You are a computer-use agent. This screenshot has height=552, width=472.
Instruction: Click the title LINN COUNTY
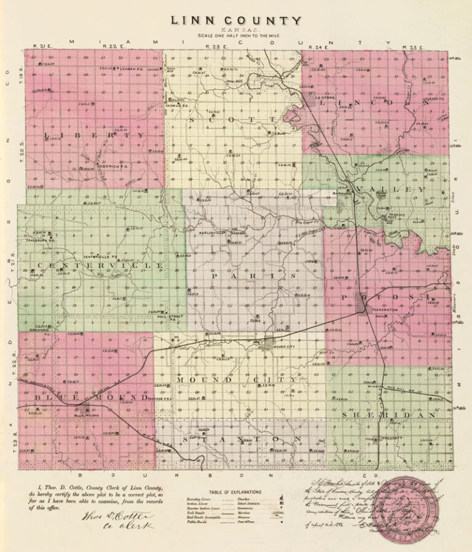click(236, 20)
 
